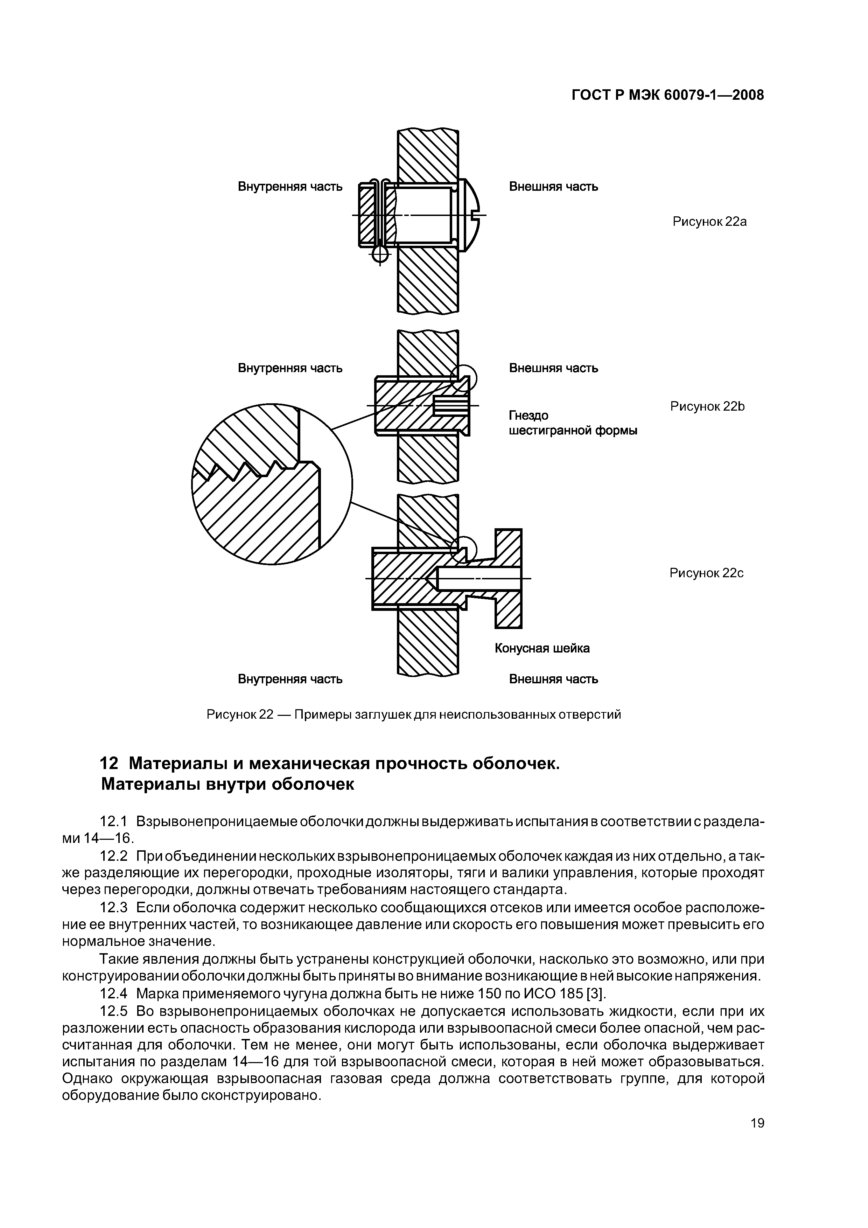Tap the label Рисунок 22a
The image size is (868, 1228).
coord(709,222)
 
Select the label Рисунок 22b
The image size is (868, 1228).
coord(707,406)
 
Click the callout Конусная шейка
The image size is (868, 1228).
coord(542,648)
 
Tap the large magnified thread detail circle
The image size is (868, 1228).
coord(272,483)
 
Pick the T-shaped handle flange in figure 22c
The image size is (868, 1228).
coord(508,579)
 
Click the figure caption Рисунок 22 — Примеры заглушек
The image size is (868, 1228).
coord(413,714)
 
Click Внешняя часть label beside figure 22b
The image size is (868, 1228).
coord(553,368)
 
